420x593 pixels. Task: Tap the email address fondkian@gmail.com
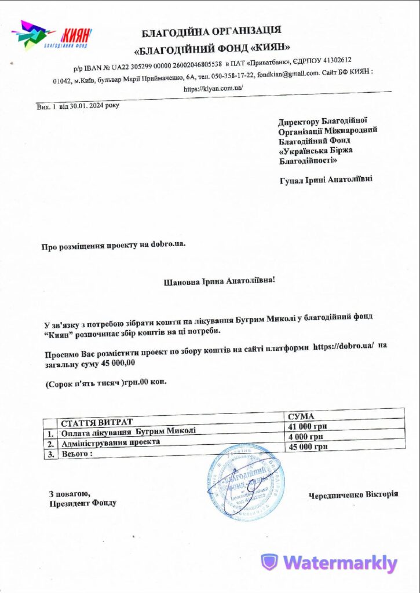point(288,74)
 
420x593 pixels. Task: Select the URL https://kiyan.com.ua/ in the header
point(213,89)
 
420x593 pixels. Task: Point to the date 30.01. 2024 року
point(94,107)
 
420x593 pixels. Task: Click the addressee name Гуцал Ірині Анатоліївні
point(326,180)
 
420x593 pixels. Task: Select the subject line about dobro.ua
point(114,246)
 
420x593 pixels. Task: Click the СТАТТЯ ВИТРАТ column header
point(97,421)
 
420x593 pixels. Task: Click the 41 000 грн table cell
point(305,426)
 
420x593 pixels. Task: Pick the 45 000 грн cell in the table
point(308,446)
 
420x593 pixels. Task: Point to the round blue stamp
point(247,482)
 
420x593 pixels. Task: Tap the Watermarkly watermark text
point(341,562)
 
